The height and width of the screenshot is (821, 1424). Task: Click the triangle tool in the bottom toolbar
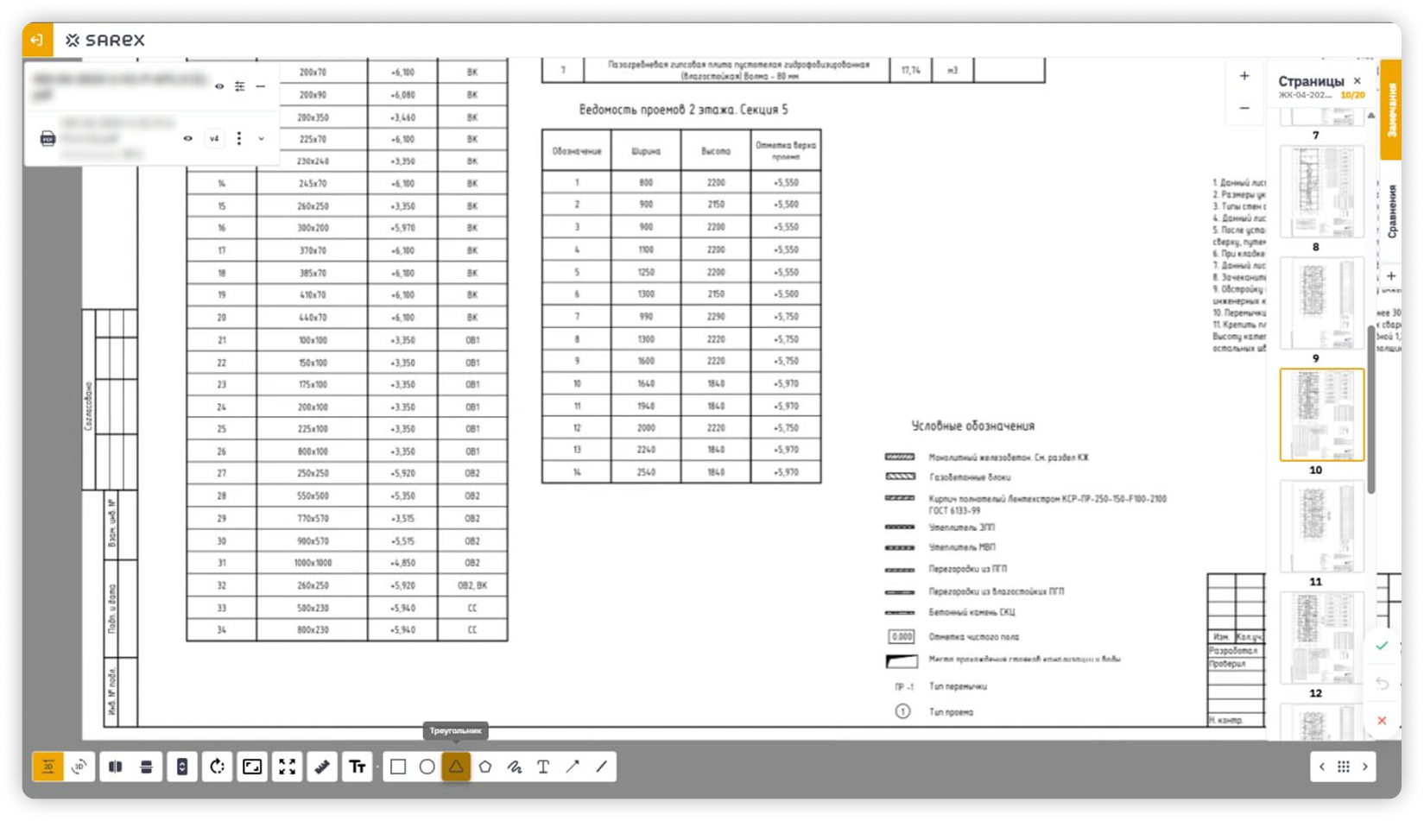pyautogui.click(x=456, y=767)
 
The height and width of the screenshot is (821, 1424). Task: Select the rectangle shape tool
pyautogui.click(x=398, y=767)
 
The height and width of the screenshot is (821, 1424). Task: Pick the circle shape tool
pyautogui.click(x=427, y=767)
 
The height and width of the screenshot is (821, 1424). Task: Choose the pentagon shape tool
pyautogui.click(x=485, y=767)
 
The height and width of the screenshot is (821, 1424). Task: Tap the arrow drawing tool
pyautogui.click(x=573, y=767)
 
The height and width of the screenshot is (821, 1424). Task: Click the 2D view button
pyautogui.click(x=48, y=767)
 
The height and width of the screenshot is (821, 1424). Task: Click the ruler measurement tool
pyautogui.click(x=322, y=767)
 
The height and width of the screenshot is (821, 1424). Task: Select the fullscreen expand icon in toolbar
pyautogui.click(x=288, y=767)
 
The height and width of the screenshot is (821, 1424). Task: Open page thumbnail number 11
pyautogui.click(x=1321, y=526)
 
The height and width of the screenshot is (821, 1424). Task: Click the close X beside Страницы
pyautogui.click(x=1358, y=81)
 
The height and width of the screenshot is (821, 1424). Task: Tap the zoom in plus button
pyautogui.click(x=1244, y=76)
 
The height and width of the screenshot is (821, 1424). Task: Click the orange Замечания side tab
pyautogui.click(x=1390, y=111)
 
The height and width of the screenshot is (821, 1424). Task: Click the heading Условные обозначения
pyautogui.click(x=972, y=426)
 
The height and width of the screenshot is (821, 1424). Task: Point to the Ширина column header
pyautogui.click(x=646, y=151)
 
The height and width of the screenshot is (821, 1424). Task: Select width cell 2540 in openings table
pyautogui.click(x=646, y=472)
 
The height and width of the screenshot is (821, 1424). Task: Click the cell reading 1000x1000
pyautogui.click(x=313, y=563)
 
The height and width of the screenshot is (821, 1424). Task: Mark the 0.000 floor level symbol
pyautogui.click(x=901, y=637)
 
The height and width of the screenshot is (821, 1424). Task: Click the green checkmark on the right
pyautogui.click(x=1382, y=646)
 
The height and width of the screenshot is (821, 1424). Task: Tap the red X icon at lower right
pyautogui.click(x=1382, y=721)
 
